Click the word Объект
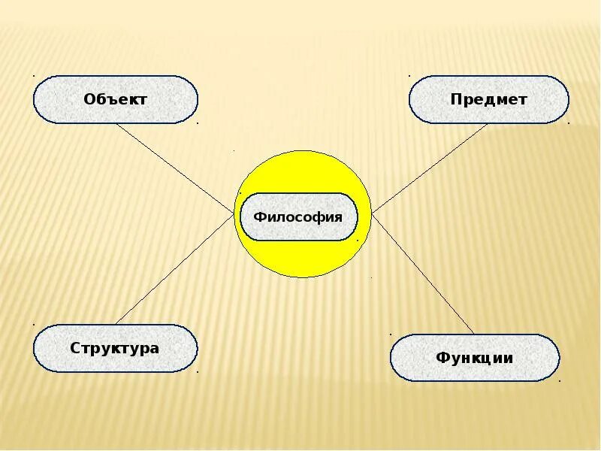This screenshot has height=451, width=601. point(115,99)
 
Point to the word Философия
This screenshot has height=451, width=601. point(297,217)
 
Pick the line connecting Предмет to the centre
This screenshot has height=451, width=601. point(430,168)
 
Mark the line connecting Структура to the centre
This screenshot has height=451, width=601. point(174,268)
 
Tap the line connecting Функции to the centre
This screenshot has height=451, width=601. point(424,275)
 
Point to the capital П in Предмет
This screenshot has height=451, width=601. point(455,99)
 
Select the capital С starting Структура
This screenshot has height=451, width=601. point(75,348)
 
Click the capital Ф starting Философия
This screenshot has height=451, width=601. point(258,217)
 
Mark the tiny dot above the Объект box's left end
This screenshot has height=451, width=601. point(34,75)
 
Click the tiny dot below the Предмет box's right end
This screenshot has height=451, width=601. point(569,123)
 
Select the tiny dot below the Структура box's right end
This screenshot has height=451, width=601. point(198,371)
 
